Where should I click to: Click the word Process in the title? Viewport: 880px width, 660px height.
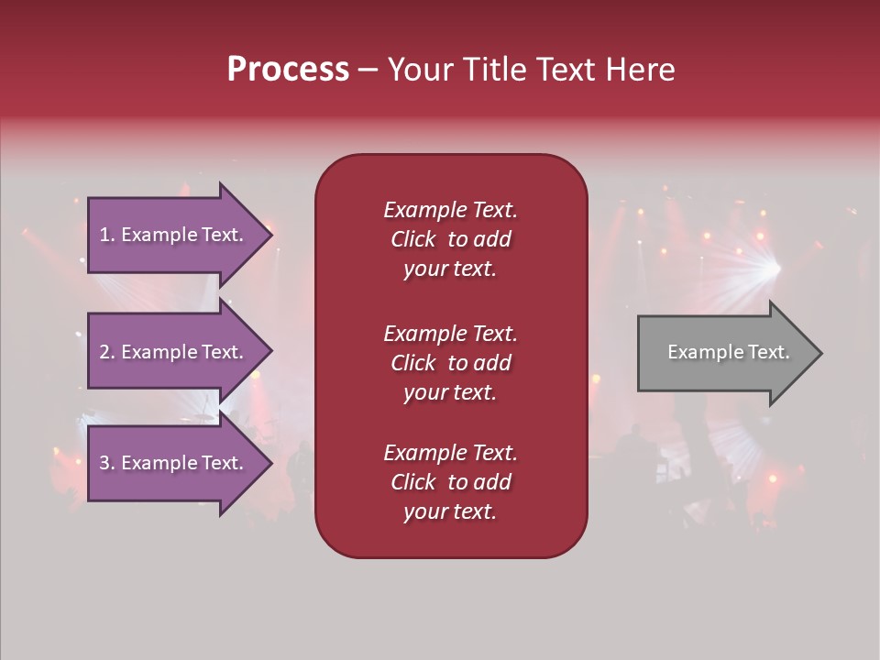288,70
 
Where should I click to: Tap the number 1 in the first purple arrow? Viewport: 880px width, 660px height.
104,235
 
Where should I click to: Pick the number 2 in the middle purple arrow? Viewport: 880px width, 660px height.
104,352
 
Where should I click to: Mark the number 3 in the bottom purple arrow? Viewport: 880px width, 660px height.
104,463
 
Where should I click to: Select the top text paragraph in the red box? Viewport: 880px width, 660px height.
450,239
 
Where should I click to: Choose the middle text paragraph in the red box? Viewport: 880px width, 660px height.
450,363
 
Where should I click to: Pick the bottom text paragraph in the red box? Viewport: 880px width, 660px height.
450,482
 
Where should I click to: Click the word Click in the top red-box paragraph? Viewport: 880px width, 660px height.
413,239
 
